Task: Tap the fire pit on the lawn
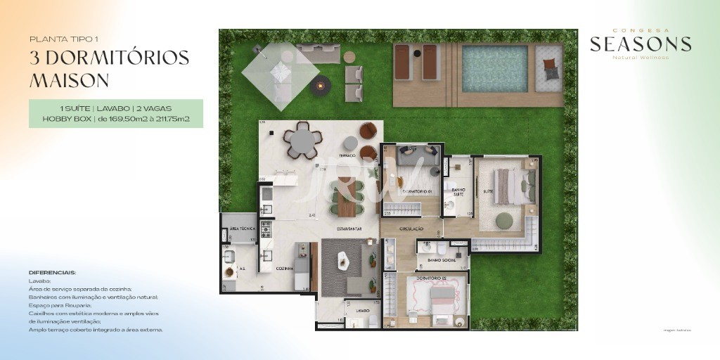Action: (321, 86)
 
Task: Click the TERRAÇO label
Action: (347, 155)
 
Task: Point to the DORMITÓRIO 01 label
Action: (416, 191)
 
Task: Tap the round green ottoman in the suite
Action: (506, 221)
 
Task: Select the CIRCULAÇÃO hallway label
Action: (411, 229)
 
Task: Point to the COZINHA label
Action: (285, 269)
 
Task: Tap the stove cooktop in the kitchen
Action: (266, 229)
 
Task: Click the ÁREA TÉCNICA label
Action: (236, 229)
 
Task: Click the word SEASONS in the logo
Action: (640, 45)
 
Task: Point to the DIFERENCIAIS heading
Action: (52, 272)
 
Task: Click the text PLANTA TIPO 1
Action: (59, 39)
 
